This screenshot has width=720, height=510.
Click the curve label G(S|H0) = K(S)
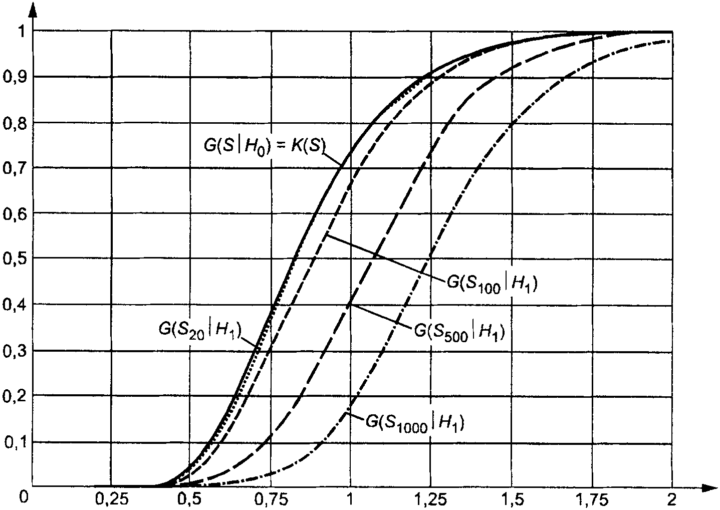[262, 145]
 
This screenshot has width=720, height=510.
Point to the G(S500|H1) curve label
[458, 331]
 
